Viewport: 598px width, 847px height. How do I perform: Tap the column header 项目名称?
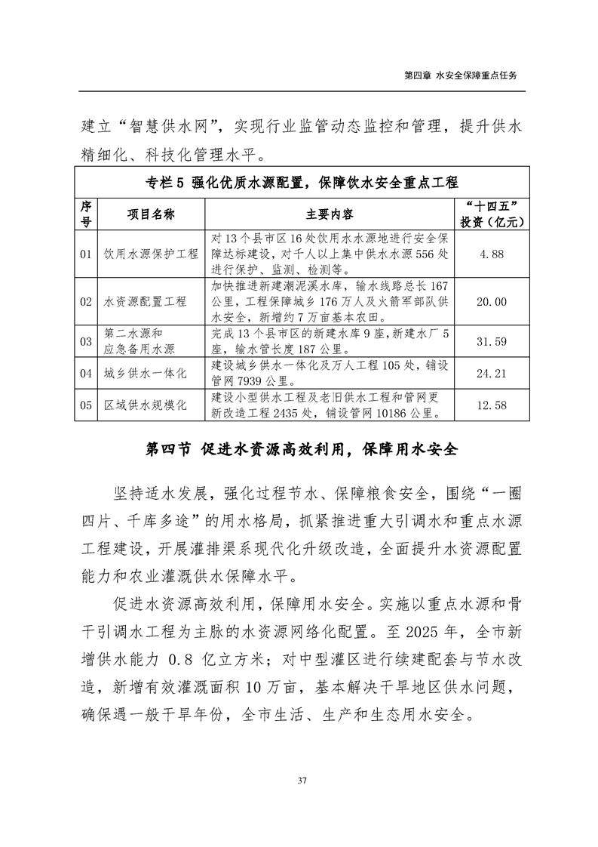tap(151, 214)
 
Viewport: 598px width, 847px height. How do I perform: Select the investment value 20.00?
tap(492, 302)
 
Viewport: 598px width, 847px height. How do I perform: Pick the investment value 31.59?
tap(492, 342)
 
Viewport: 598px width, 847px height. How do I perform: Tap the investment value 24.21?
tap(492, 373)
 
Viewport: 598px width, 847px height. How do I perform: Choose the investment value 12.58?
tap(492, 405)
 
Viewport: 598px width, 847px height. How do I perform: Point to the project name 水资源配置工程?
tap(146, 302)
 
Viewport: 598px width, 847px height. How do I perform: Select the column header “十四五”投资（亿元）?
tap(492, 214)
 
